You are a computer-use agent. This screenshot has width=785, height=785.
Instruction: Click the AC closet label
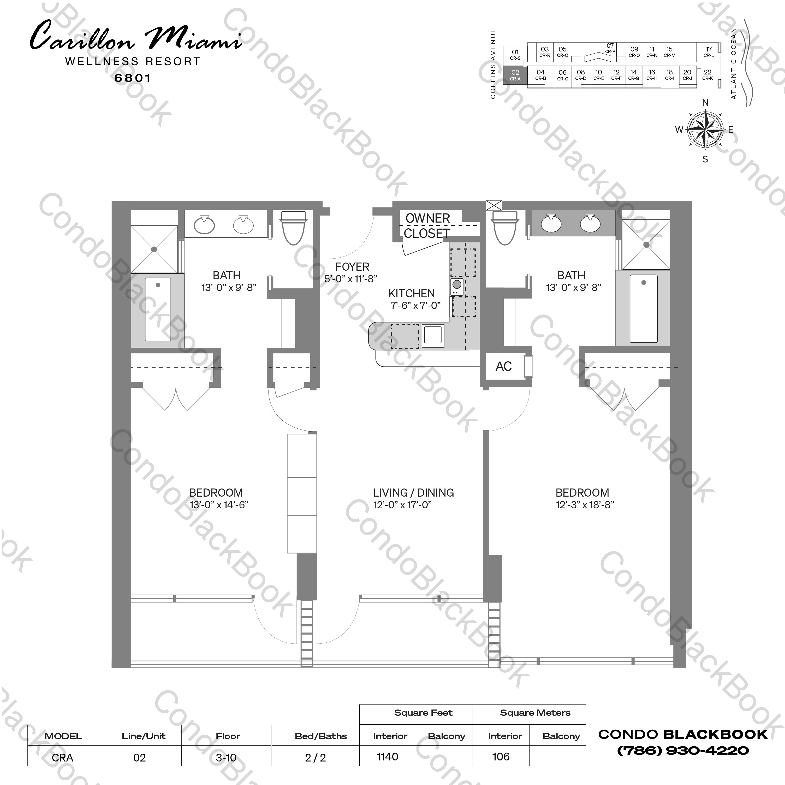pyautogui.click(x=503, y=367)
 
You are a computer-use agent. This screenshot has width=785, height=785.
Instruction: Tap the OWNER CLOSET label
pyautogui.click(x=427, y=226)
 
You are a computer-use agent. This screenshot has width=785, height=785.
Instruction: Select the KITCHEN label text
pyautogui.click(x=411, y=293)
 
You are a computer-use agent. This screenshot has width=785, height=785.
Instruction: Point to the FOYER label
pyautogui.click(x=352, y=267)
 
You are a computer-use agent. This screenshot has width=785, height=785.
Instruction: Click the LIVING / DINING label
pyautogui.click(x=413, y=493)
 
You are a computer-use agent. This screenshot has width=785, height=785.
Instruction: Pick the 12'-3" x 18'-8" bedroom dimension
pyautogui.click(x=585, y=505)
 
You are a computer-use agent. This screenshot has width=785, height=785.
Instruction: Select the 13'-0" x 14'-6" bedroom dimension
pyautogui.click(x=219, y=505)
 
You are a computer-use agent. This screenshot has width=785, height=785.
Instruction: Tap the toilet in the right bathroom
pyautogui.click(x=505, y=228)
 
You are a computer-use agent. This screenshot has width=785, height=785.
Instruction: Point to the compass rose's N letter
pyautogui.click(x=705, y=103)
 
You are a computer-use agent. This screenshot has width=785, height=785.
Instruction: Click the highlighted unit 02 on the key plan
pyautogui.click(x=515, y=75)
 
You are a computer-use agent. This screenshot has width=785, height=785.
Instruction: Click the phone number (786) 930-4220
pyautogui.click(x=683, y=751)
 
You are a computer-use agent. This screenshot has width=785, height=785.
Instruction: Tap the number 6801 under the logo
pyautogui.click(x=133, y=78)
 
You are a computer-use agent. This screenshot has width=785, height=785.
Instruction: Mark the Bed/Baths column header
pyautogui.click(x=320, y=736)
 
